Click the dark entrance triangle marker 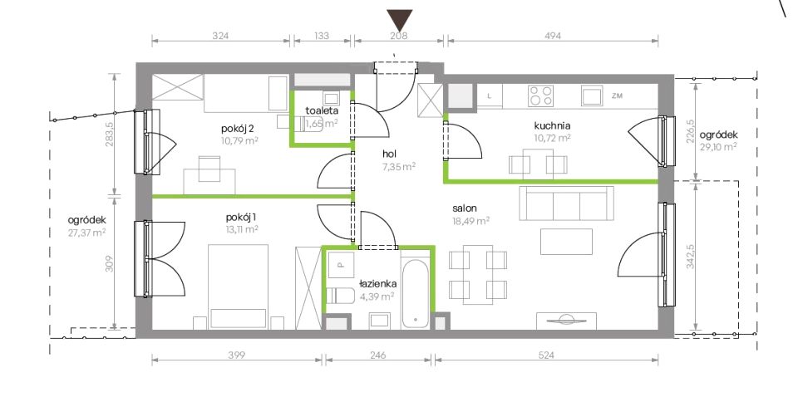tap(400, 20)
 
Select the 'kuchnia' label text tap(552, 125)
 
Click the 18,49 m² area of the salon tap(470, 221)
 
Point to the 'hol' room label tap(390, 153)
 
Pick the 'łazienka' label tap(378, 285)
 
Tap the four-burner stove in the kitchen tap(540, 96)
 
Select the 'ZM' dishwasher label tap(618, 96)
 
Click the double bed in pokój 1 tap(239, 287)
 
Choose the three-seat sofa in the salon tap(566, 203)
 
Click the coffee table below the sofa tap(566, 242)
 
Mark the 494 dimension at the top tap(553, 36)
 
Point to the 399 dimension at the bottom tap(237, 355)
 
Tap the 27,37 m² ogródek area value tap(86, 233)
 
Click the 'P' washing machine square tap(341, 265)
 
